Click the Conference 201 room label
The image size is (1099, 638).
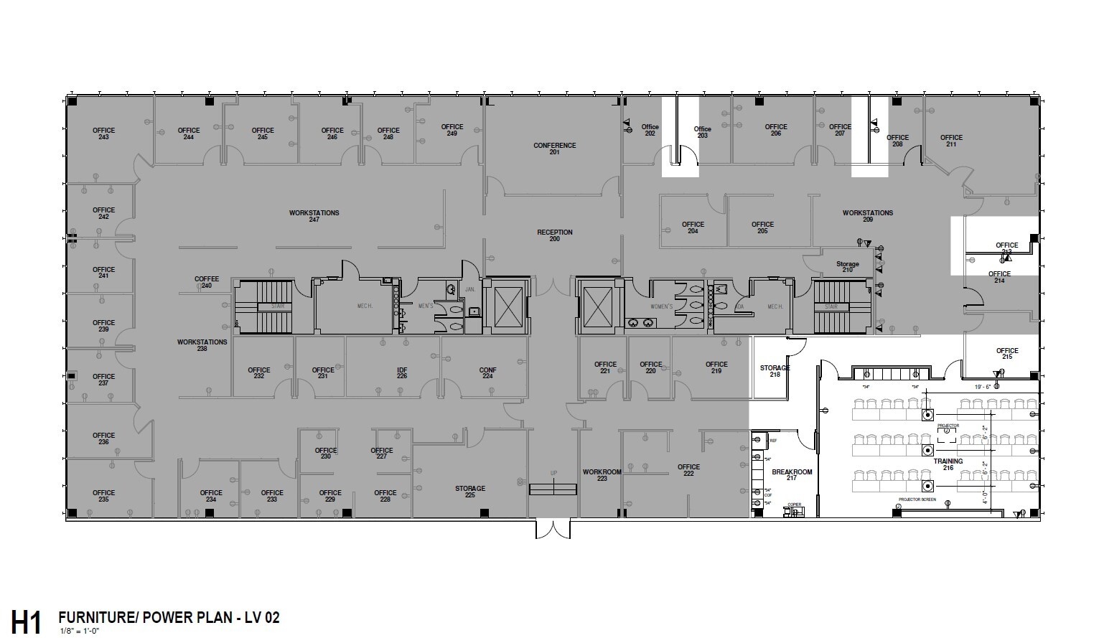[554, 149]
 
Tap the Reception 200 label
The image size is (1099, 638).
[555, 235]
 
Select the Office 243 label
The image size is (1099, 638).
[103, 133]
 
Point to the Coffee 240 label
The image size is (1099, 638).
[207, 282]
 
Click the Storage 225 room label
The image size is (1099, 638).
[470, 492]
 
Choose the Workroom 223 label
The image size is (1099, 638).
[602, 475]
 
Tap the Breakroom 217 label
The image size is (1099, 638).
[792, 475]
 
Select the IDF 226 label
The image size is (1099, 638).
[402, 373]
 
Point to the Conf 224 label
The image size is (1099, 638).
[488, 373]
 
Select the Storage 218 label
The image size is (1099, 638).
[775, 371]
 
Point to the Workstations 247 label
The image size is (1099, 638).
[314, 216]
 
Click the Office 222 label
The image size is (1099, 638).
[688, 470]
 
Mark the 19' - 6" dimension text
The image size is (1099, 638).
[983, 386]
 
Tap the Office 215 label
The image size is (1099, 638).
[1007, 354]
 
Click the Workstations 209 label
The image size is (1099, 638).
[868, 216]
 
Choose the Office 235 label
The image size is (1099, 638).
[103, 496]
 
